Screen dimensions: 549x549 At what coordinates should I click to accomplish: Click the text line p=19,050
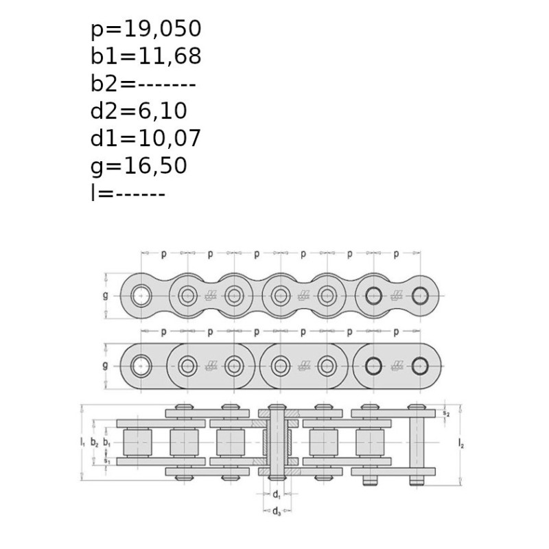click(146, 29)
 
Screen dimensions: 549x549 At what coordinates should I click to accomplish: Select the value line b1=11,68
click(146, 56)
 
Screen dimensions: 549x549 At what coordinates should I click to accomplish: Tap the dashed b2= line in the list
click(143, 84)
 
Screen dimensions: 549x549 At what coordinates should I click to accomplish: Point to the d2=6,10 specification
click(139, 111)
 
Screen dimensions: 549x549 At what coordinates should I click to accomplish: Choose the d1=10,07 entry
click(145, 139)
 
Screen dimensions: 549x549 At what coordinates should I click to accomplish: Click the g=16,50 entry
click(139, 166)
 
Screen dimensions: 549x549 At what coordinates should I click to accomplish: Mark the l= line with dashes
click(128, 193)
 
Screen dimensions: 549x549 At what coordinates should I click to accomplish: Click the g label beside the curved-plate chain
click(106, 296)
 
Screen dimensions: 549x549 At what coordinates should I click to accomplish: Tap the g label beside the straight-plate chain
click(106, 366)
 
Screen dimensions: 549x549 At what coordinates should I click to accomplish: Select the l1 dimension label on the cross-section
click(82, 442)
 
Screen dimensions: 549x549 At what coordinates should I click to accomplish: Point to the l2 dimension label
click(461, 444)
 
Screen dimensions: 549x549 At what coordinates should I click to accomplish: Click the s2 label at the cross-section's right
click(446, 413)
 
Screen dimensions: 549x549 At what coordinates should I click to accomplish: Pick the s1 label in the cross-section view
click(107, 460)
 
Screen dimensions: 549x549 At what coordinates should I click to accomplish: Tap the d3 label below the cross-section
click(277, 511)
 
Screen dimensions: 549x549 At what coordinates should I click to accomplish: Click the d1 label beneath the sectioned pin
click(277, 494)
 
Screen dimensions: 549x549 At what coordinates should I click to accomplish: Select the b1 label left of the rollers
click(107, 443)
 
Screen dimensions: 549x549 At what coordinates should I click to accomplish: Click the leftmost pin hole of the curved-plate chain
click(141, 296)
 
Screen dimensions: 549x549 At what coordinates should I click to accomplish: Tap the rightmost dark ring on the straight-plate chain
click(420, 366)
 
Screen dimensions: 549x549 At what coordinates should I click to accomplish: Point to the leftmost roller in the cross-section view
click(138, 443)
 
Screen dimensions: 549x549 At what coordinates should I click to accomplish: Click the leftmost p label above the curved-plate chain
click(163, 254)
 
